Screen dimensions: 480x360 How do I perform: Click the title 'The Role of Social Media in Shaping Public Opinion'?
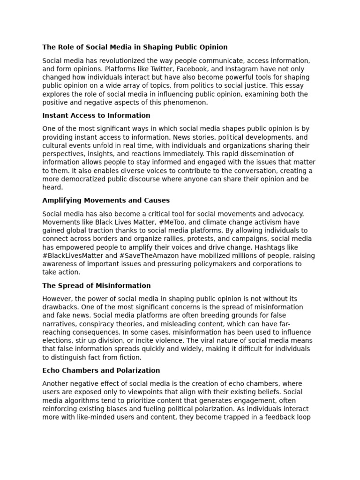coord(135,47)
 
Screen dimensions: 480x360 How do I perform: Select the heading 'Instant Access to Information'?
coord(96,115)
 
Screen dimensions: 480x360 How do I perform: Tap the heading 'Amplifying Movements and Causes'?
coord(106,200)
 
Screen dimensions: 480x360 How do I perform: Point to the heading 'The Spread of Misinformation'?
coord(97,285)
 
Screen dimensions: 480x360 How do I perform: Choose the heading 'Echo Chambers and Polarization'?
coord(101,370)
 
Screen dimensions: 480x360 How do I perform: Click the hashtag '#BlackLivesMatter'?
coord(73,255)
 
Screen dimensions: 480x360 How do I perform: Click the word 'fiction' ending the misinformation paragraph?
coord(130,357)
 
